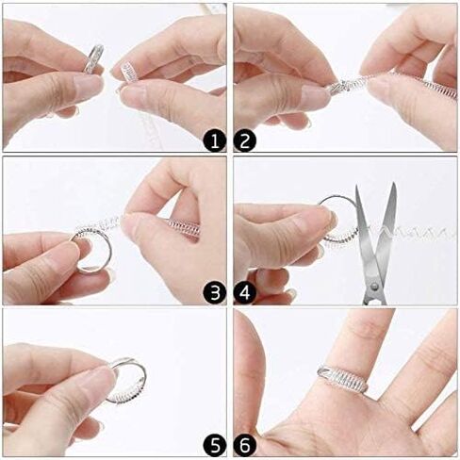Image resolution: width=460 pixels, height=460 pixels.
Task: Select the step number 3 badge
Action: [214, 291]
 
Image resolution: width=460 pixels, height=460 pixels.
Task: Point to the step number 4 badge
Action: [247, 291]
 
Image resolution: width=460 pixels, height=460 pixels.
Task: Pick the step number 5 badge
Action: [214, 443]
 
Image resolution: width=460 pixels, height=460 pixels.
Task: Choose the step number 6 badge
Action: [247, 443]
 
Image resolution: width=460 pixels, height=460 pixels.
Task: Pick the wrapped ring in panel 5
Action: [127, 380]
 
